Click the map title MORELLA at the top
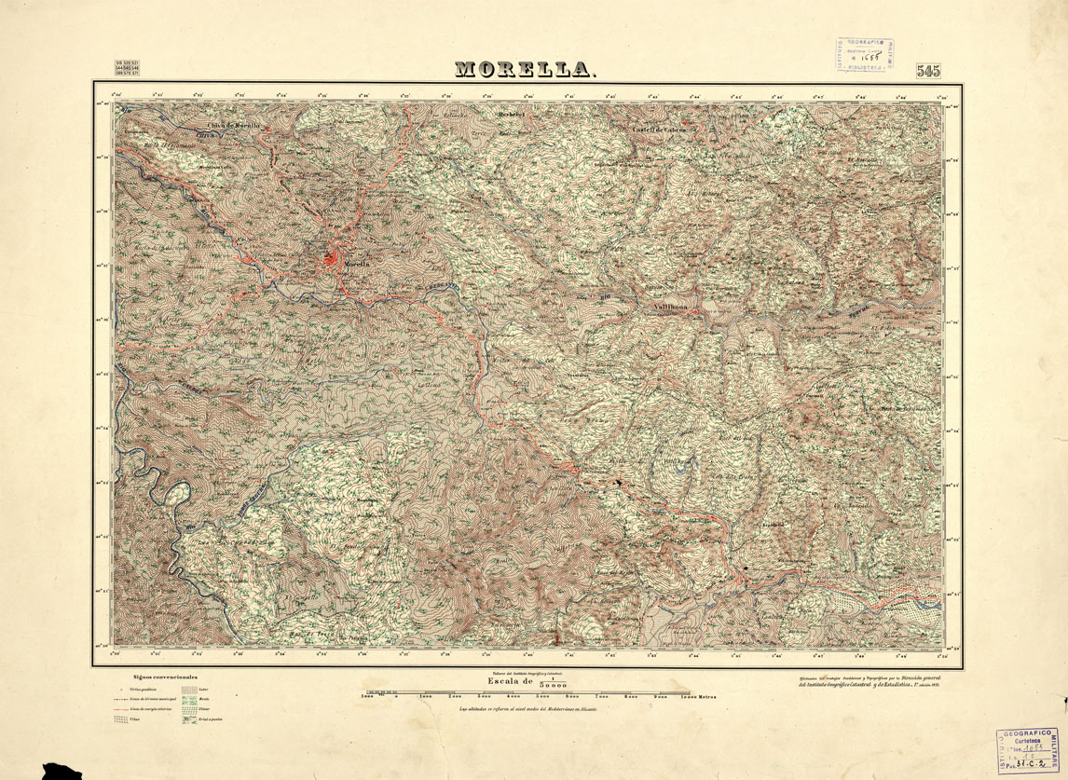coord(525,70)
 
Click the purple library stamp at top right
coord(864,56)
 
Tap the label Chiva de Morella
coord(232,125)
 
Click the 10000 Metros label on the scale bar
coord(700,696)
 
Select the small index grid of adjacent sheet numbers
coord(128,68)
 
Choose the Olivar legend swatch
coord(191,709)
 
